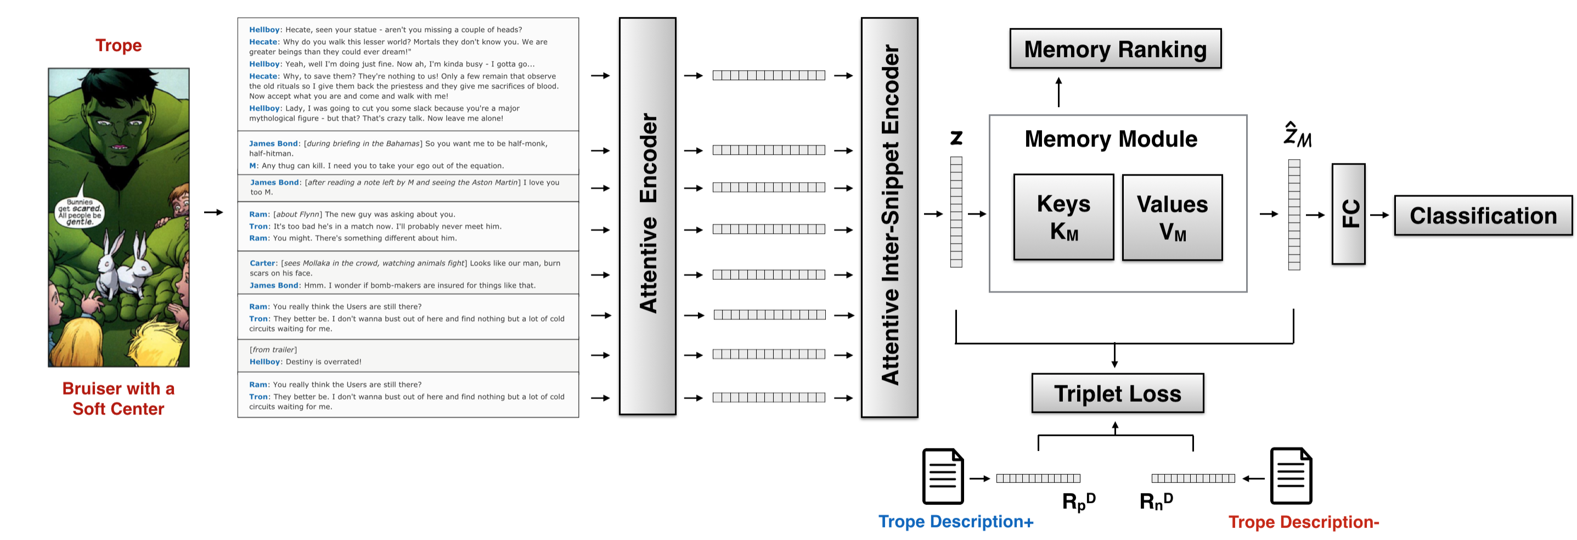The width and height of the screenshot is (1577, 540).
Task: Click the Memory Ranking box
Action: pyautogui.click(x=1115, y=49)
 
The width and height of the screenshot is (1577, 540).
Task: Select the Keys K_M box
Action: pyautogui.click(x=1063, y=217)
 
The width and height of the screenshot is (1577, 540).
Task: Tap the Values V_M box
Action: pyautogui.click(x=1172, y=217)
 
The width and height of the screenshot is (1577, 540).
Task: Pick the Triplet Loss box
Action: pyautogui.click(x=1117, y=393)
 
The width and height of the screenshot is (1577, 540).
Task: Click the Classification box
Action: pyautogui.click(x=1483, y=216)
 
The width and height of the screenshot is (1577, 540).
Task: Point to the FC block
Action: pyautogui.click(x=1348, y=213)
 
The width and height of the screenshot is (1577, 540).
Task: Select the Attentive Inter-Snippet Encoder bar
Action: pyautogui.click(x=889, y=217)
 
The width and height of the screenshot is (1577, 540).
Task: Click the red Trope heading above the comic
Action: pyautogui.click(x=118, y=46)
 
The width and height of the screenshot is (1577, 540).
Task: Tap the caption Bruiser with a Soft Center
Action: pyautogui.click(x=118, y=398)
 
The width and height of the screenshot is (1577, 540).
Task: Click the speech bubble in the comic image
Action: pyautogui.click(x=80, y=212)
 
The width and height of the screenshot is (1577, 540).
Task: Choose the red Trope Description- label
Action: pyautogui.click(x=1303, y=522)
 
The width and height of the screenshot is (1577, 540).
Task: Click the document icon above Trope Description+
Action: pyautogui.click(x=943, y=476)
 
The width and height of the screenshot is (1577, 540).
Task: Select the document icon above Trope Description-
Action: pyautogui.click(x=1291, y=476)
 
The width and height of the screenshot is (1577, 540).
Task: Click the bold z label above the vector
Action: pyautogui.click(x=956, y=138)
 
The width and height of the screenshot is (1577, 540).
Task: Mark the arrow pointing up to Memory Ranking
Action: pyautogui.click(x=1058, y=92)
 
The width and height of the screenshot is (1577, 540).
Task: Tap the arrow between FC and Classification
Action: pyautogui.click(x=1379, y=215)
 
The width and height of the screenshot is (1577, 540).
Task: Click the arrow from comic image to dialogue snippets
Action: pyautogui.click(x=213, y=212)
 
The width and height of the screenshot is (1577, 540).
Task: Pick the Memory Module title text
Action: pyautogui.click(x=1111, y=139)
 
